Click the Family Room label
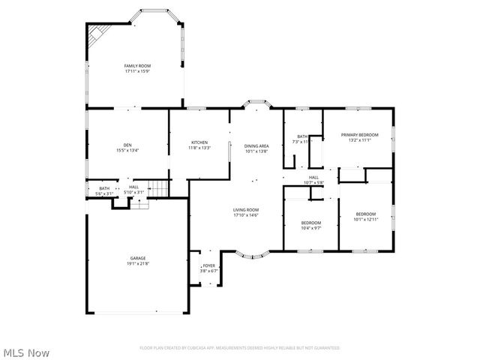[x=137, y=69]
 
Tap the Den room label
[x=127, y=148]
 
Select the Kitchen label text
[x=199, y=145]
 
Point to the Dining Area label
[x=256, y=148]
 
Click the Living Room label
[x=246, y=212]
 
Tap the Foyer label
[x=209, y=268]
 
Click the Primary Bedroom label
[x=359, y=137]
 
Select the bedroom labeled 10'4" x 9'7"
[x=311, y=224]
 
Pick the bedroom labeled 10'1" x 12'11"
[x=367, y=216]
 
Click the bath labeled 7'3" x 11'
[x=301, y=139]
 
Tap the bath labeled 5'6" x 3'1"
[x=104, y=191]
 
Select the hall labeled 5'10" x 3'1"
[x=133, y=191]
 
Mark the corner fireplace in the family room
[x=97, y=34]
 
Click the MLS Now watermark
[x=26, y=352]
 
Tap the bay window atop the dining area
[x=257, y=103]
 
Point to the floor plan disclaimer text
[x=239, y=348]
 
